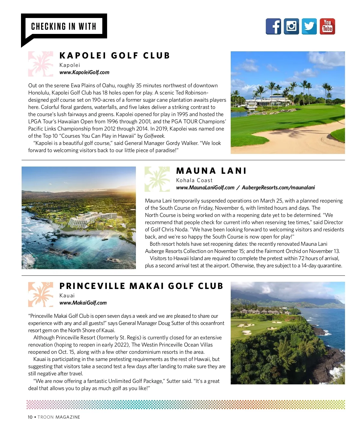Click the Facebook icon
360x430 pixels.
273,26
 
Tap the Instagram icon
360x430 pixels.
291,26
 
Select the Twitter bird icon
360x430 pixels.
309,26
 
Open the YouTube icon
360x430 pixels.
327,26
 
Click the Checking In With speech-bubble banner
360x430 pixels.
64,26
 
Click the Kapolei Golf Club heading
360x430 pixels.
115,56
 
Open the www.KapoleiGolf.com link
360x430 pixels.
84,72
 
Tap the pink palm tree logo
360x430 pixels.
40,64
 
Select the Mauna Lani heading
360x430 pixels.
211,171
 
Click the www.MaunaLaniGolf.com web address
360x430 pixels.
205,188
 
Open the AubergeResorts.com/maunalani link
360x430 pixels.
278,188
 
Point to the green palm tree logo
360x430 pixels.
157,179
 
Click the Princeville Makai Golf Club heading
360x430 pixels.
141,286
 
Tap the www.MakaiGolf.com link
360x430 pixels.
83,303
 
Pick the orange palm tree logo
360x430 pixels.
40,294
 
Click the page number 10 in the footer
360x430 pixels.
30,417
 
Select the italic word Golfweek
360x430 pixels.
154,136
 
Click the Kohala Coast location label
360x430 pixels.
194,180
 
